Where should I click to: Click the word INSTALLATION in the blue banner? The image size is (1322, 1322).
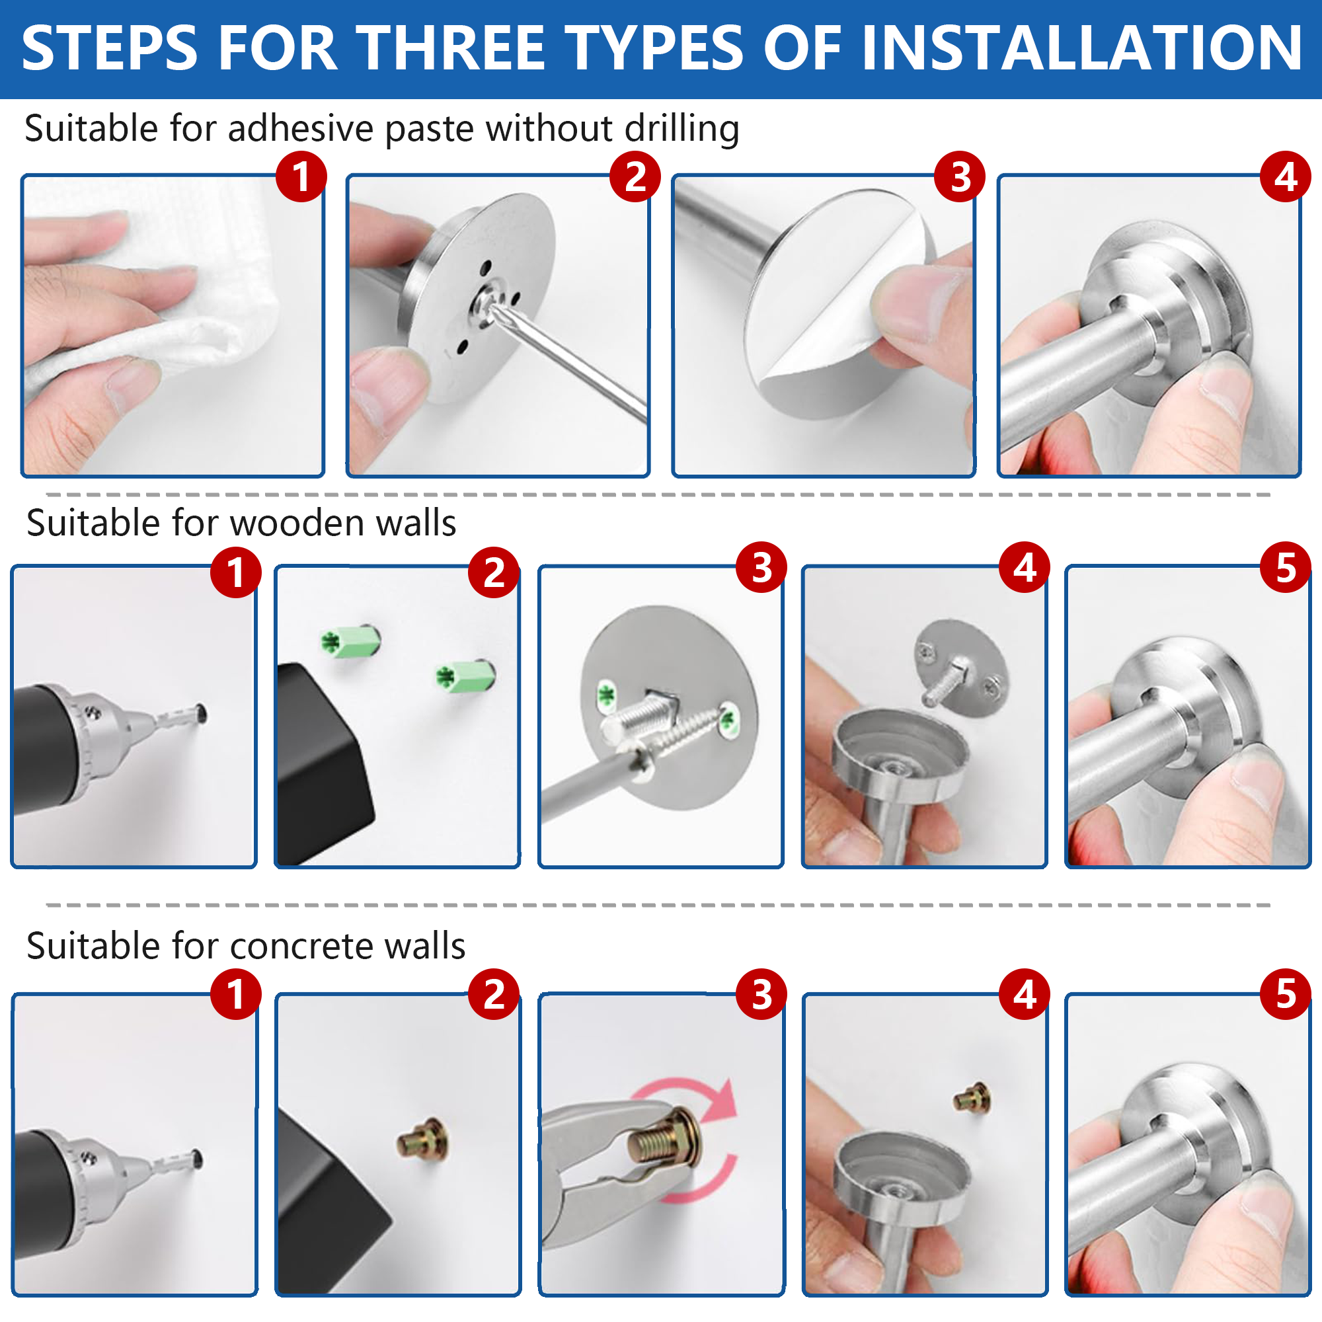click(1081, 48)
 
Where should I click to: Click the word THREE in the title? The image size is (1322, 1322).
click(451, 48)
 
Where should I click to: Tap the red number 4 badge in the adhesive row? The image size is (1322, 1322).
click(1285, 176)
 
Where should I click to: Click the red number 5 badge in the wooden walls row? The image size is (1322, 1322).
click(1285, 568)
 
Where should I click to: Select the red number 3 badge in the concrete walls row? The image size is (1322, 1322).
click(761, 994)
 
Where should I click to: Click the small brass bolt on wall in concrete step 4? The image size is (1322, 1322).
click(972, 1097)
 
